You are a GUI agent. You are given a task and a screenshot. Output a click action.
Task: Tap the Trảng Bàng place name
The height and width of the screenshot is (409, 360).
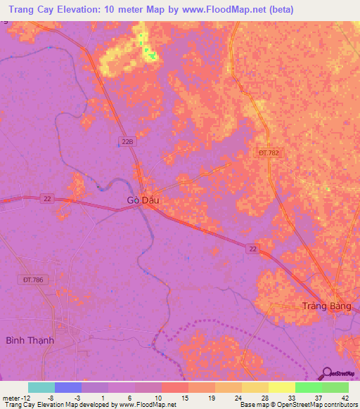pyautogui.click(x=326, y=306)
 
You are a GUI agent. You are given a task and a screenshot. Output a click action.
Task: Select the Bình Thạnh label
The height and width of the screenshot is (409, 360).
pyautogui.click(x=30, y=340)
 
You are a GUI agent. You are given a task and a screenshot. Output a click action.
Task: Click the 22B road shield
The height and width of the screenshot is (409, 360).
pyautogui.click(x=126, y=141)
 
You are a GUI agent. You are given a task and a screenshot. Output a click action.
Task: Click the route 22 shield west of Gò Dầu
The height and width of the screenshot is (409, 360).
pyautogui.click(x=46, y=198)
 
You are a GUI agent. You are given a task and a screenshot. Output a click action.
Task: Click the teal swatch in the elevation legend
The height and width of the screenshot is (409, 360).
pyautogui.click(x=41, y=387)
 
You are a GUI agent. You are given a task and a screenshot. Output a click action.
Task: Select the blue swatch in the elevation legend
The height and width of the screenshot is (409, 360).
pyautogui.click(x=68, y=387)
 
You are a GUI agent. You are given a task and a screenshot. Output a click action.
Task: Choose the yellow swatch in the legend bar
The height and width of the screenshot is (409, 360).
pyautogui.click(x=281, y=387)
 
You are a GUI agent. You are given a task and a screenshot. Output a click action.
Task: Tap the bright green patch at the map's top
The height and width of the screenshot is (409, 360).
pyautogui.click(x=150, y=54)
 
